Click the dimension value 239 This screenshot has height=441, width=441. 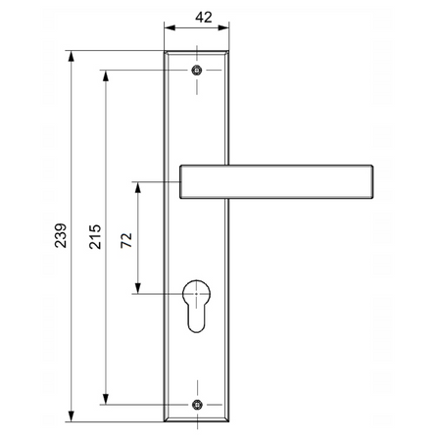point(61,236)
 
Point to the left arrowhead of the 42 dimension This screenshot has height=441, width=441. point(168,30)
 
